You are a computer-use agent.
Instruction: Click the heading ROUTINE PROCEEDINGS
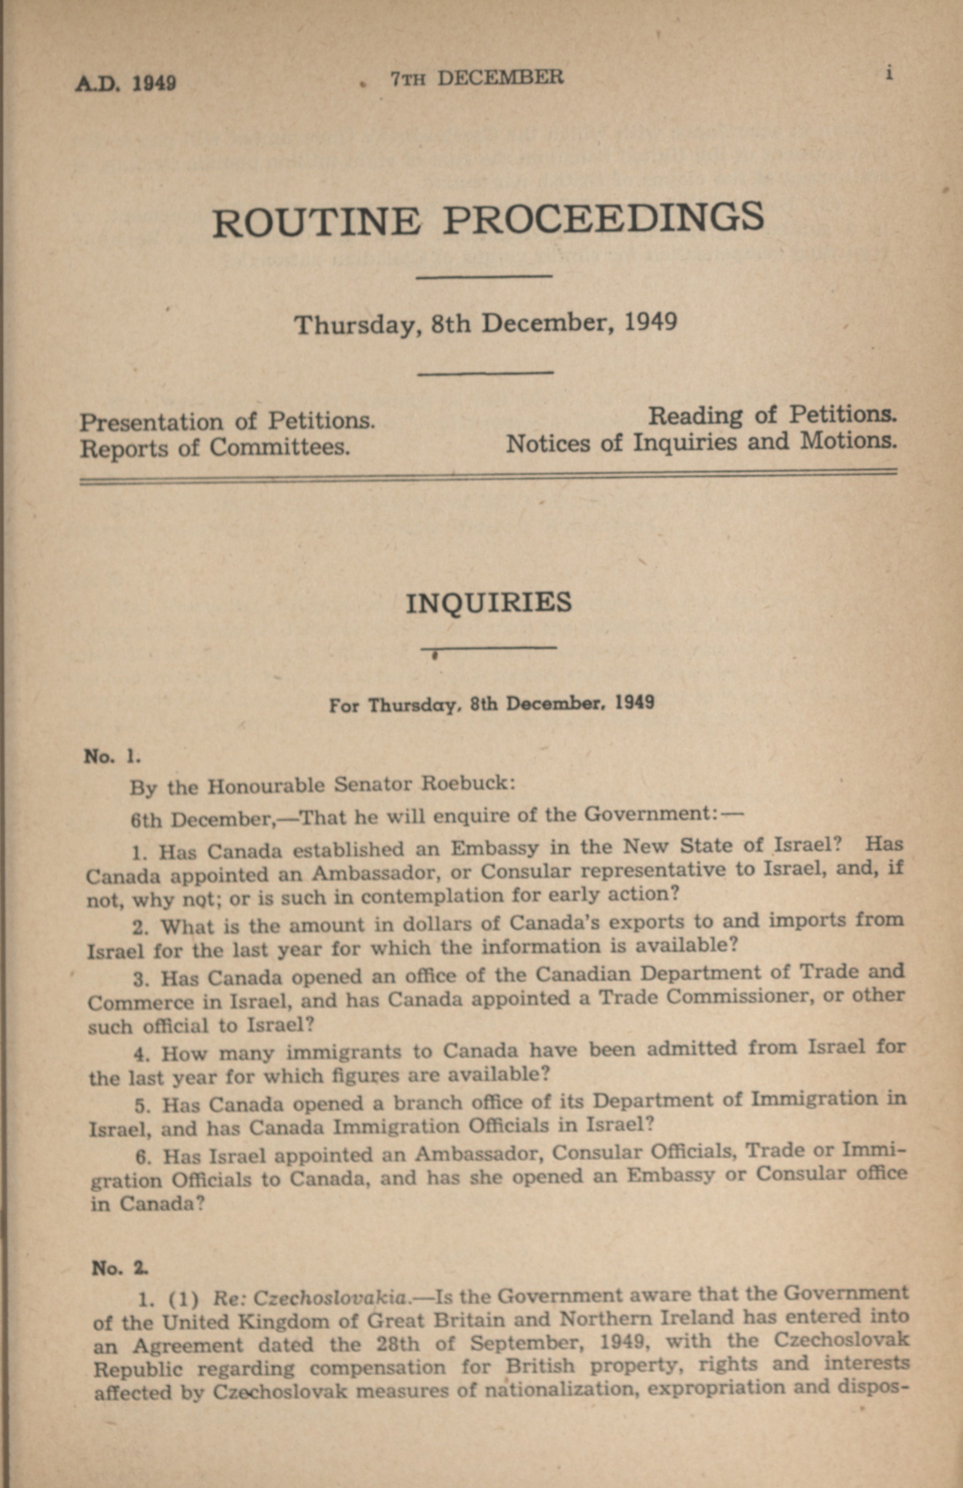[x=488, y=220]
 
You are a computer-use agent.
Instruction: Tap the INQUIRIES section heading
[x=488, y=603]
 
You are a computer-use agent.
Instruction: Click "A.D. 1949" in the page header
[x=125, y=83]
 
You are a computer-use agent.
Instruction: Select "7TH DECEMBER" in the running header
[x=476, y=78]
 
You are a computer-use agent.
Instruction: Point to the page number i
[x=889, y=73]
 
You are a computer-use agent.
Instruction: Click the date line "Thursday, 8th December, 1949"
[x=486, y=323]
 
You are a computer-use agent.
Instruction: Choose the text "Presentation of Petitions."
[x=227, y=421]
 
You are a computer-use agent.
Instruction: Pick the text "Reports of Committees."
[x=214, y=448]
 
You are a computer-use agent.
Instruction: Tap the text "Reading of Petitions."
[x=772, y=414]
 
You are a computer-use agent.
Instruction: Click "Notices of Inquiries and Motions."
[x=701, y=442]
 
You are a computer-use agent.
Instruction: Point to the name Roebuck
[x=466, y=784]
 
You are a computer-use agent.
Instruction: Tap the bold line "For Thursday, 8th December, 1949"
[x=492, y=704]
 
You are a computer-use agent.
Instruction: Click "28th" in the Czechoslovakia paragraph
[x=398, y=1343]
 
